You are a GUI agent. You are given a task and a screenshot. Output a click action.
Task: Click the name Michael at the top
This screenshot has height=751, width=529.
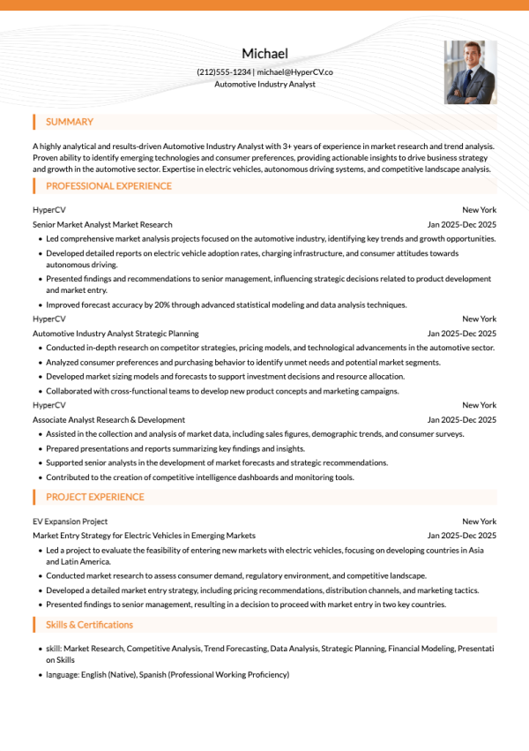(x=264, y=54)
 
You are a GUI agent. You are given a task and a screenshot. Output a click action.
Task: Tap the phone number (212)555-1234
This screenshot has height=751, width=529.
(x=224, y=71)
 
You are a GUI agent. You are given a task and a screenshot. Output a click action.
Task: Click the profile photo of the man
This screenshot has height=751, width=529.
(x=470, y=71)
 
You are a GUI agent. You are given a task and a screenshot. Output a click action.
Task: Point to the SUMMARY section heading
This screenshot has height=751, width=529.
(x=70, y=122)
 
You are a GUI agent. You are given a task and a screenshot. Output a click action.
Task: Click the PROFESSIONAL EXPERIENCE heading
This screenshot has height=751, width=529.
(x=108, y=186)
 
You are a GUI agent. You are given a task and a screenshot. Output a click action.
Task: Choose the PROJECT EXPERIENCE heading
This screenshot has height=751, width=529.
(x=94, y=497)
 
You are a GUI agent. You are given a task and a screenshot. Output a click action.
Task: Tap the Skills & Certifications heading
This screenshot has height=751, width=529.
(x=89, y=625)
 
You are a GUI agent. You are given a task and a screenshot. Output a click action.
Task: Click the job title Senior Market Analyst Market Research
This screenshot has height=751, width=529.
(x=102, y=225)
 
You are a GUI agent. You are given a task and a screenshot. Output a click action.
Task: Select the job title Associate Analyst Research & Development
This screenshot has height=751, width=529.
(x=108, y=420)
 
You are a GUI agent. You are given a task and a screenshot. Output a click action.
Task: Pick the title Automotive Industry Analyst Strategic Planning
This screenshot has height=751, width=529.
(x=115, y=334)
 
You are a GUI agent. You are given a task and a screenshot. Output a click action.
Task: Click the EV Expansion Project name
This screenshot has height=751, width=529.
(x=70, y=522)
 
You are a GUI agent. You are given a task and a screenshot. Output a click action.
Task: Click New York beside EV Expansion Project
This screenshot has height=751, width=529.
(x=479, y=522)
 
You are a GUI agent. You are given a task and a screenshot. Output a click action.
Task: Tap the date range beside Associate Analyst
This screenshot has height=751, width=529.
(x=461, y=420)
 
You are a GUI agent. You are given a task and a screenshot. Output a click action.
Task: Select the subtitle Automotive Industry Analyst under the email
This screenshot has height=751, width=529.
(x=264, y=85)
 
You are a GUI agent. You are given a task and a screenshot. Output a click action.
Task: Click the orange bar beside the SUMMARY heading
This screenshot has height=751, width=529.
(x=34, y=122)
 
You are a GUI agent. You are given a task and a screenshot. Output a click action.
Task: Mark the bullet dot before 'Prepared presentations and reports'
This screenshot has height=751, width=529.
(x=40, y=448)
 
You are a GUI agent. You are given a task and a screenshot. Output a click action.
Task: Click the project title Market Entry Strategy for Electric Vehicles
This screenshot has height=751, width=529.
(x=144, y=536)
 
